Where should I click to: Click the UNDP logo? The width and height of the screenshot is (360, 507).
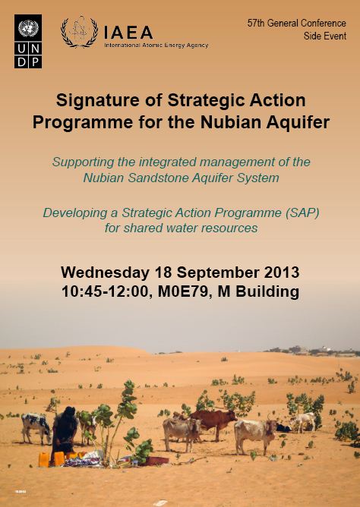[28, 41]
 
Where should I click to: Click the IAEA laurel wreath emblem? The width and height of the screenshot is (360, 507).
[79, 32]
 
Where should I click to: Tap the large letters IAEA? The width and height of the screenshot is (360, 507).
[128, 33]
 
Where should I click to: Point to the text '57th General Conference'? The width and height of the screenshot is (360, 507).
[297, 24]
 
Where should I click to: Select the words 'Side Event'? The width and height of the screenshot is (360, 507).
[325, 36]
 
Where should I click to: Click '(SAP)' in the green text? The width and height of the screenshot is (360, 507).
[302, 213]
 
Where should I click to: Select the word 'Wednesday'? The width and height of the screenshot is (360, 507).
[105, 272]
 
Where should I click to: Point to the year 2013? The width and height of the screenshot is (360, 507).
[282, 272]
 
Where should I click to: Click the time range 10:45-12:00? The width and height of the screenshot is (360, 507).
[105, 291]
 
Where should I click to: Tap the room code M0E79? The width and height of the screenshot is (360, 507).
[184, 291]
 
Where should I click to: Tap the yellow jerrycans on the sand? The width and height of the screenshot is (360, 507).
[52, 459]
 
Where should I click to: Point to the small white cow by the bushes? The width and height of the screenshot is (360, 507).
[303, 421]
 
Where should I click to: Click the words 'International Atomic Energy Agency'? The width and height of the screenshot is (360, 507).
[156, 46]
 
